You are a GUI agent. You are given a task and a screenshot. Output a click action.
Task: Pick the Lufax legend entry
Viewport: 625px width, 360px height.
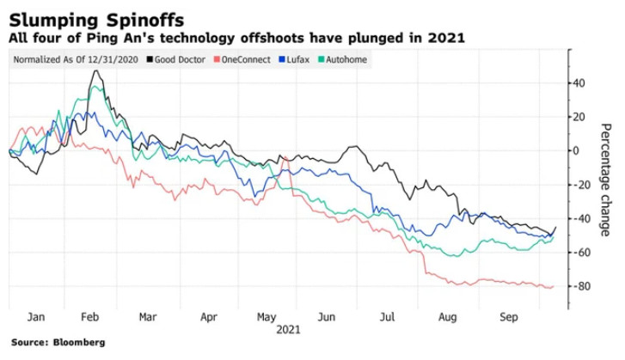click(302, 59)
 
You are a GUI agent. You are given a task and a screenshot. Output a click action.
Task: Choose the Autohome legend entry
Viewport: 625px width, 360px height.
click(347, 59)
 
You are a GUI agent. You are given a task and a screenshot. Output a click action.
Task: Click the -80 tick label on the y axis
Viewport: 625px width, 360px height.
click(582, 286)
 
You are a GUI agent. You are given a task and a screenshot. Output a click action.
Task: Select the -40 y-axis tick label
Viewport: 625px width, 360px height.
click(582, 218)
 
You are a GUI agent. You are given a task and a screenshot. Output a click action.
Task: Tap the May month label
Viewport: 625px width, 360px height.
click(268, 315)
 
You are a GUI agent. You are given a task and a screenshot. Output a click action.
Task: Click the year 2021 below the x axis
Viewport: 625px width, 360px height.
click(288, 329)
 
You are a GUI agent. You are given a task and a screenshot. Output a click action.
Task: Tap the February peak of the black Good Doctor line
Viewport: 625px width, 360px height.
click(95, 70)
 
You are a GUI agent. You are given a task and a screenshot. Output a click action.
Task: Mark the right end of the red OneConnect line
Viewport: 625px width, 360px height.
click(554, 286)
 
